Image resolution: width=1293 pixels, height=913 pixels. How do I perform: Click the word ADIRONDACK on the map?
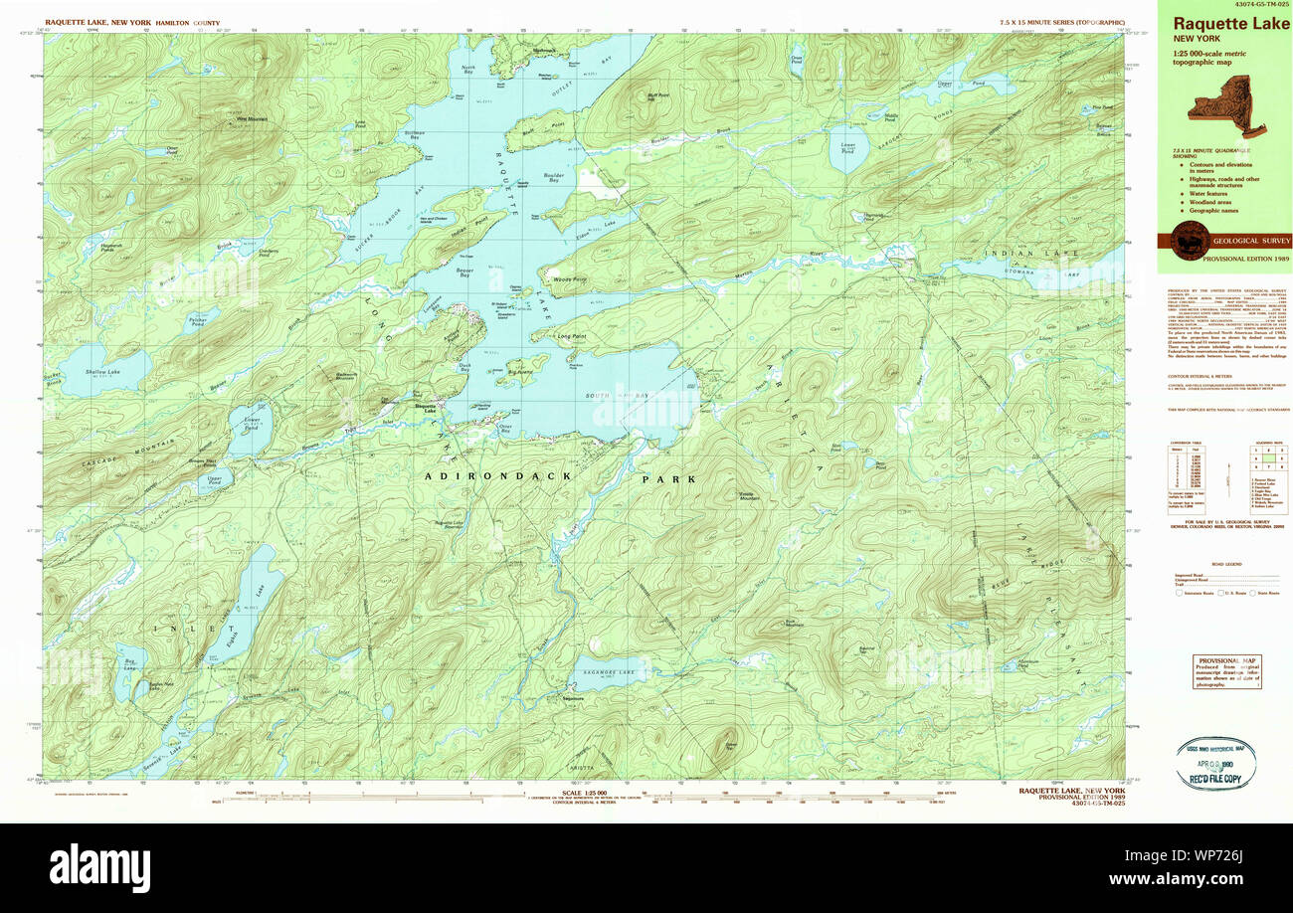[x=498, y=476]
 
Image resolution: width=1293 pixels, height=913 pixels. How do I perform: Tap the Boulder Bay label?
[x=554, y=178]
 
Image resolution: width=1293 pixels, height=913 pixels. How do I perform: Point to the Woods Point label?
[x=570, y=279]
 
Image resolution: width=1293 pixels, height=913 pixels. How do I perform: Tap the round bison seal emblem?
[x=1190, y=240]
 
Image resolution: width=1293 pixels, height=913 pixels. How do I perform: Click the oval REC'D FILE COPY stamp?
[x=1214, y=763]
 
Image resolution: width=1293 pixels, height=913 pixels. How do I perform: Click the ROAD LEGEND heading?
[x=1226, y=564]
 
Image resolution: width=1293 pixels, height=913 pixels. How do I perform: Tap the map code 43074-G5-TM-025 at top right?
[x=1224, y=5]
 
